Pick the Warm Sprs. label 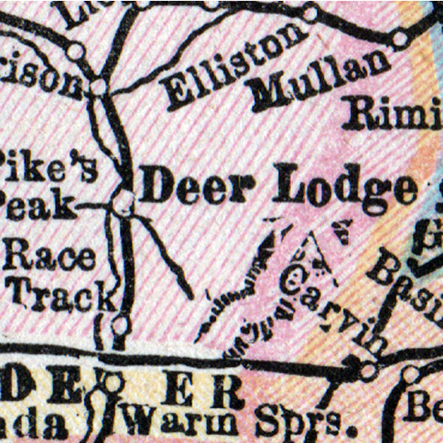(240, 422)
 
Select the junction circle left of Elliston (99, 85)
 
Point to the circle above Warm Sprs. (112, 383)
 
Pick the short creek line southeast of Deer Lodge (170, 260)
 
